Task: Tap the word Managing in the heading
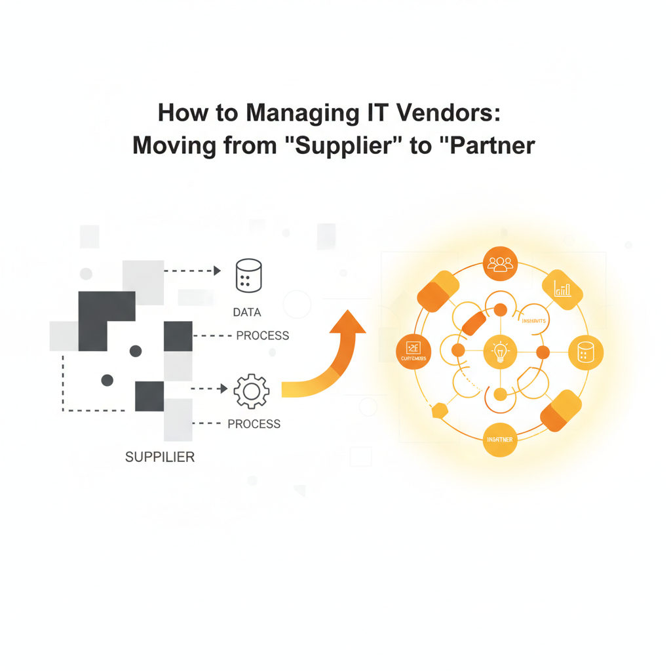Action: pos(304,113)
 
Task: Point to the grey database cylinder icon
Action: pos(248,276)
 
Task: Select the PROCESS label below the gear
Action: pos(254,424)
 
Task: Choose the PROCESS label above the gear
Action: pos(262,335)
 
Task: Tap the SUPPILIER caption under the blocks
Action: pos(159,456)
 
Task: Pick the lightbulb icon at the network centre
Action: pos(500,353)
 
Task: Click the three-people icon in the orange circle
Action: pos(501,264)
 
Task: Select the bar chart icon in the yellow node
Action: pos(563,288)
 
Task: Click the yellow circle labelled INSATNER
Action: pos(500,439)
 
